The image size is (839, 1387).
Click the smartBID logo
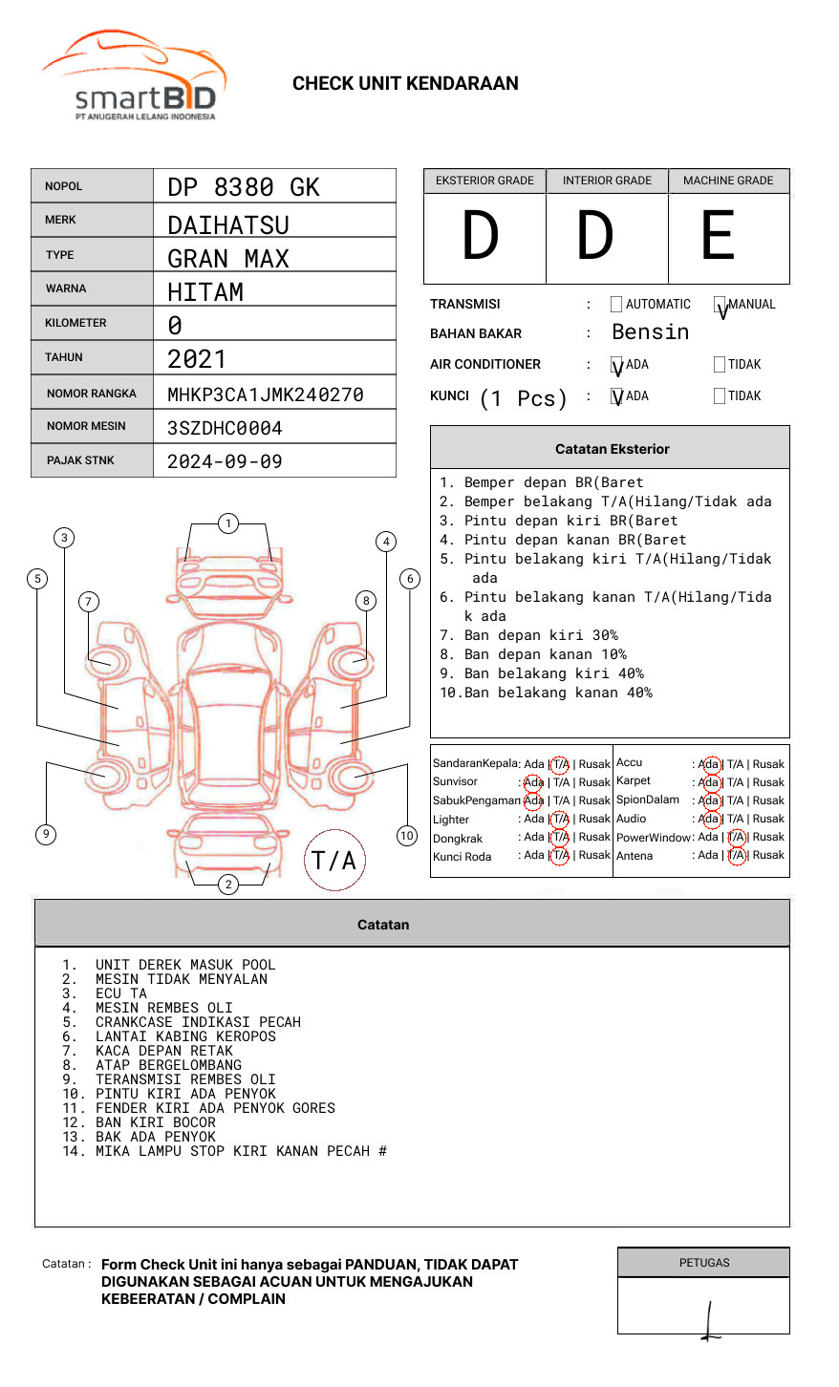pyautogui.click(x=134, y=76)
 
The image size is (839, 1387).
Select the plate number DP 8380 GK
pyautogui.click(x=244, y=187)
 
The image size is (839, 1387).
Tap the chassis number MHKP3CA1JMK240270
pyautogui.click(x=266, y=395)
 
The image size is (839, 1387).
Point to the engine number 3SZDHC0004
pyautogui.click(x=225, y=428)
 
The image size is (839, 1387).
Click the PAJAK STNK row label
pyautogui.click(x=80, y=460)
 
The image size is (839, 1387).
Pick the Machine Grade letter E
pyautogui.click(x=719, y=236)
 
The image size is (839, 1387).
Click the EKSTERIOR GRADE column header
pyautogui.click(x=484, y=181)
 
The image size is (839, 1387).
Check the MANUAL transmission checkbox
pyautogui.click(x=720, y=305)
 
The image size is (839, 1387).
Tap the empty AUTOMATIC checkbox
pyautogui.click(x=616, y=305)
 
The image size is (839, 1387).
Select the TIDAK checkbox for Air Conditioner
pyautogui.click(x=720, y=365)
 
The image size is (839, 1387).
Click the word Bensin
pyautogui.click(x=650, y=332)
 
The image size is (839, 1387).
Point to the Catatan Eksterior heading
pyautogui.click(x=612, y=449)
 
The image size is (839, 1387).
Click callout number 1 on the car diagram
pyautogui.click(x=227, y=523)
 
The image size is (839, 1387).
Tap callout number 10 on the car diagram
pyautogui.click(x=407, y=836)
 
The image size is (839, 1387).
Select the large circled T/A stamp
pyautogui.click(x=334, y=861)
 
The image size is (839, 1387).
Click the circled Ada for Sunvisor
pyautogui.click(x=533, y=782)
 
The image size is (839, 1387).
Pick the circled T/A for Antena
pyautogui.click(x=736, y=856)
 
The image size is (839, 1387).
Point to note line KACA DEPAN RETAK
pyautogui.click(x=163, y=1051)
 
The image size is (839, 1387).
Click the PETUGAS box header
pyautogui.click(x=704, y=1263)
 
